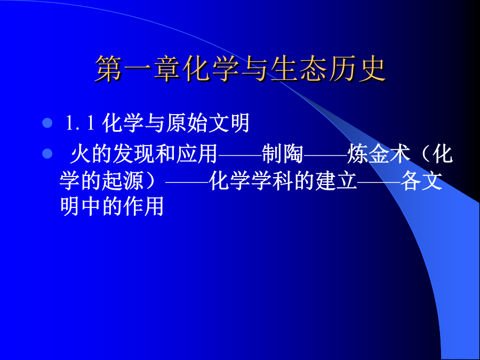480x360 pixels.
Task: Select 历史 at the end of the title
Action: (357, 69)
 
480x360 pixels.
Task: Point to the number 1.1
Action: (79, 123)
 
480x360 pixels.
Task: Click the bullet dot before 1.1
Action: (47, 123)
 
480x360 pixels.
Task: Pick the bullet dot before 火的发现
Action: (47, 154)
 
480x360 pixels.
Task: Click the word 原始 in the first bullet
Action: (187, 123)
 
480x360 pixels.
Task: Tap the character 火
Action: (81, 154)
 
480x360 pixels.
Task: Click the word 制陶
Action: (283, 154)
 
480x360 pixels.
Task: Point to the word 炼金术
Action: (379, 154)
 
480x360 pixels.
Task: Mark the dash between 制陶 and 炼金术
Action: (325, 154)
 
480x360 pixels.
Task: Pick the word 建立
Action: (336, 181)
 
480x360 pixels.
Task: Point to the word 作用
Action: (143, 206)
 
